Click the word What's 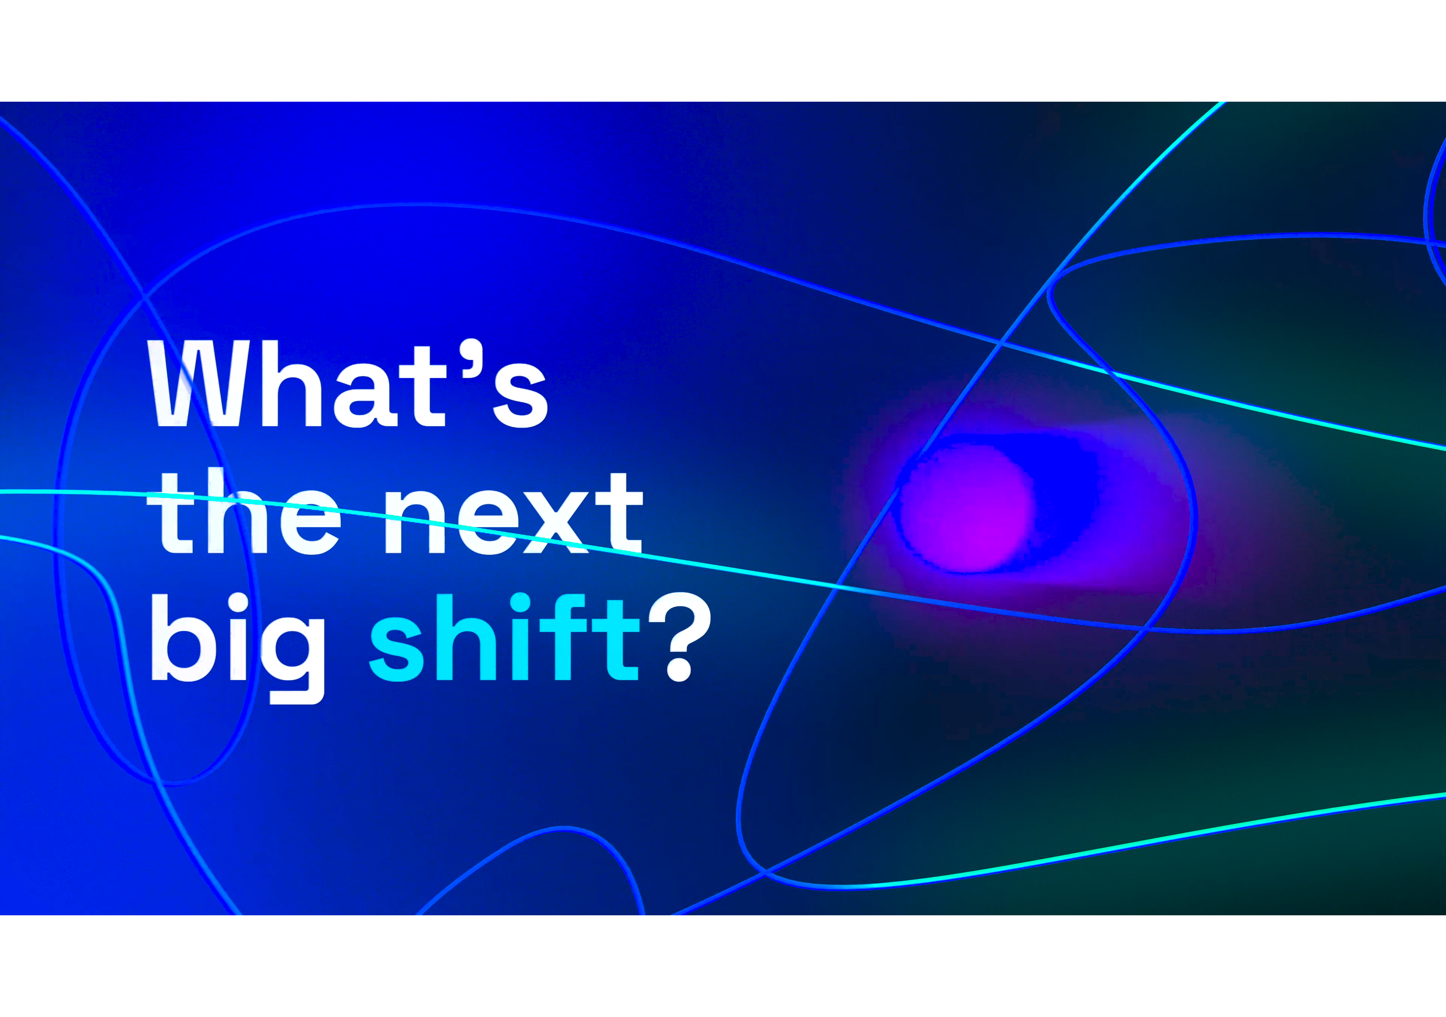347,384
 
